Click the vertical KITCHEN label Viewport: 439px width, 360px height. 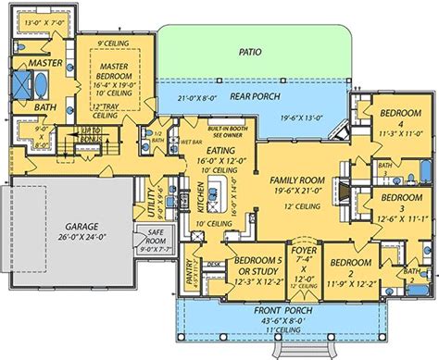[x=199, y=199]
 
